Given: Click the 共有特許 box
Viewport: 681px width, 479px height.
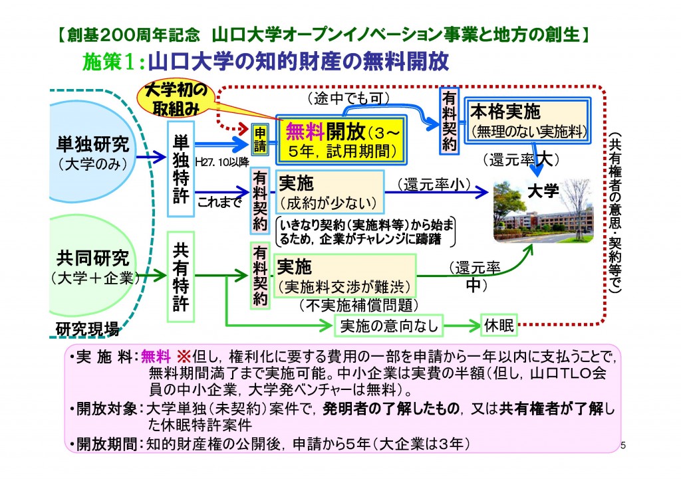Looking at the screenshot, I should tap(181, 276).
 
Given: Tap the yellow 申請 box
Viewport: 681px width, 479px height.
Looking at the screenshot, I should tap(261, 138).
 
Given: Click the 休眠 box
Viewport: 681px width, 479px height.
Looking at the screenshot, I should tap(498, 326).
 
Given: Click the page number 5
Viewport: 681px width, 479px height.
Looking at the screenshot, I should tap(622, 444).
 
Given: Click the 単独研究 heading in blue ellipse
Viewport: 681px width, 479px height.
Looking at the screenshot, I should tap(92, 145).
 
